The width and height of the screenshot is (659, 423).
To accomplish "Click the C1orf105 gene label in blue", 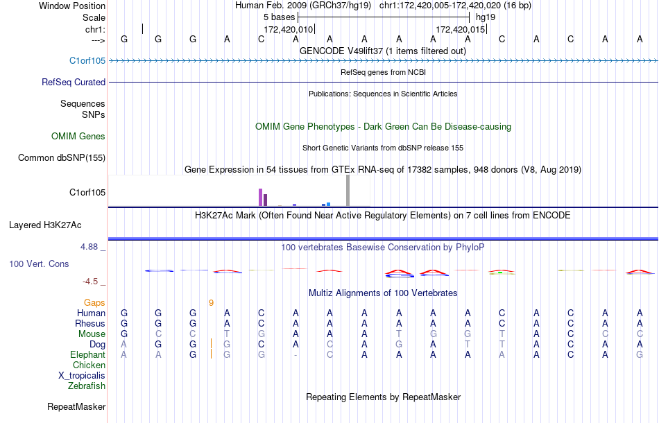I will click(x=87, y=60).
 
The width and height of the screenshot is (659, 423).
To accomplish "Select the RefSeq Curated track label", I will click(x=74, y=82).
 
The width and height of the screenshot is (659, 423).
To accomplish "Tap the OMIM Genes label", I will click(x=78, y=137).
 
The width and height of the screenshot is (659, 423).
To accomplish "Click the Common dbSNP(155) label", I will click(x=62, y=158).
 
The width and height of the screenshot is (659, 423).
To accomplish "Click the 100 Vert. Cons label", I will click(x=40, y=264).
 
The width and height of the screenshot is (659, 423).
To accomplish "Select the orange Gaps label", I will click(x=94, y=302).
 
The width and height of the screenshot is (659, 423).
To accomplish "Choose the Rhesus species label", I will click(x=90, y=323).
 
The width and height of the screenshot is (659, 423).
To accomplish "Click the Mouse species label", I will click(x=92, y=334).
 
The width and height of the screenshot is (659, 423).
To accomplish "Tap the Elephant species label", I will click(x=88, y=354).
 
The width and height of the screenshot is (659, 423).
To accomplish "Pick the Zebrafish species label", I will click(x=87, y=386).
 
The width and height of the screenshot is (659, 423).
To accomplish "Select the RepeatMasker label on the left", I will click(x=76, y=406).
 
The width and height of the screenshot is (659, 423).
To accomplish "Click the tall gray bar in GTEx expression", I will click(x=348, y=191).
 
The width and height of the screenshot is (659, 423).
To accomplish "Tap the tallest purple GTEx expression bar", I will click(x=260, y=197).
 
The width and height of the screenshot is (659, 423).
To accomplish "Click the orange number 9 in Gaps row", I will click(x=211, y=302).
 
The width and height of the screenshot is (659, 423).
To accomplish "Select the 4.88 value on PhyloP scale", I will click(x=91, y=246).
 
